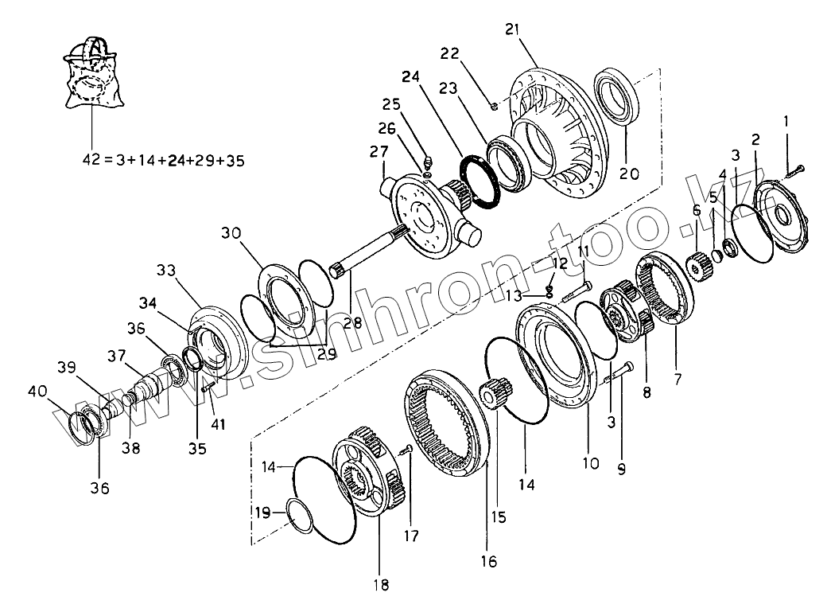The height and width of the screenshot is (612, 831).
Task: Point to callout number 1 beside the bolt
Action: pos(786,122)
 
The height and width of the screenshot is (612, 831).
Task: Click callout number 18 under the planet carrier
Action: pos(382,586)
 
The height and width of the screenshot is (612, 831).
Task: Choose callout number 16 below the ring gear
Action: pos(488,562)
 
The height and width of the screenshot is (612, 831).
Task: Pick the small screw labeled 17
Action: pos(405,450)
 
